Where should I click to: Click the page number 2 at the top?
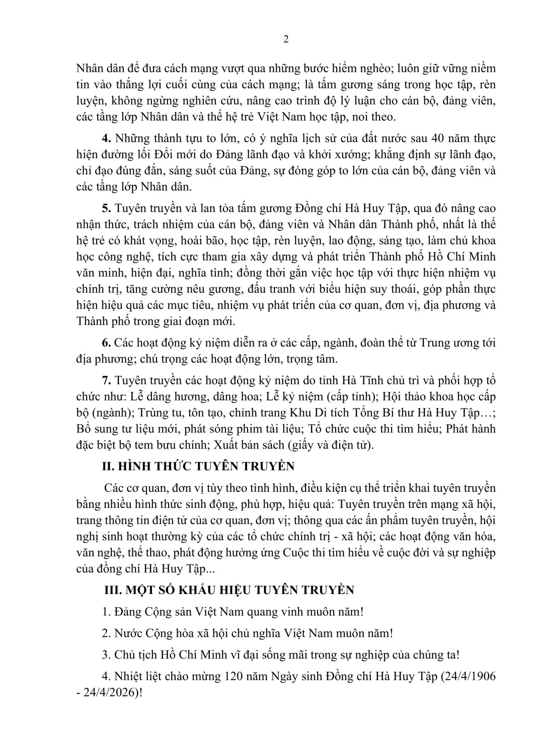point(286,40)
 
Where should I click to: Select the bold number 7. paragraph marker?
point(106,379)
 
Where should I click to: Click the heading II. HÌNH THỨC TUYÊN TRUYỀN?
point(198,467)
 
